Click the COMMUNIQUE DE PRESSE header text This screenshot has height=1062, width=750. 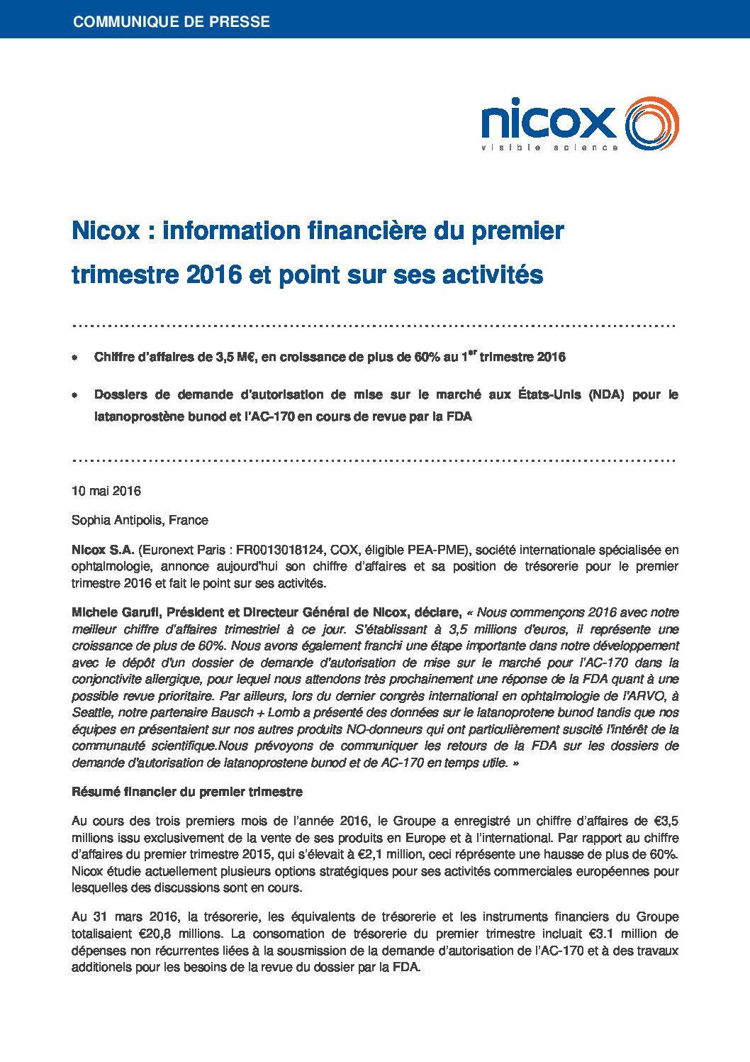tap(172, 22)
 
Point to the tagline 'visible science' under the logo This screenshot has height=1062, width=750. tap(549, 148)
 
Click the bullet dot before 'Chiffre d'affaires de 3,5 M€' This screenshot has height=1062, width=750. tap(75, 358)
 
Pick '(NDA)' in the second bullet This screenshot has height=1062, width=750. tap(606, 394)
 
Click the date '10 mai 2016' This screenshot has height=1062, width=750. tap(106, 491)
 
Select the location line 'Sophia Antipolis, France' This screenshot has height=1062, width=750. tap(140, 520)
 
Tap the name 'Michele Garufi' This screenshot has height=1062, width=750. tap(116, 612)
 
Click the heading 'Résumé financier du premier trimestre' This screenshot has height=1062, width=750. tap(187, 792)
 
